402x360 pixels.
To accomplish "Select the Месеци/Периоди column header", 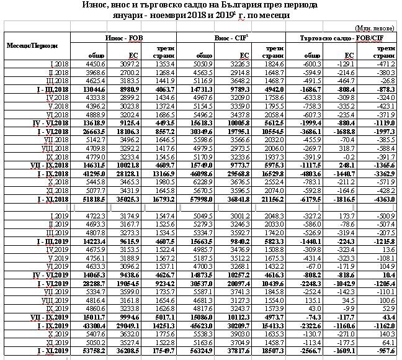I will (x=32, y=46).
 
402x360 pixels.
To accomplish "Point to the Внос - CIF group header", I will (x=230, y=38).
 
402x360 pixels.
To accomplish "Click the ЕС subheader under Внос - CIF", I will (x=245, y=55).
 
